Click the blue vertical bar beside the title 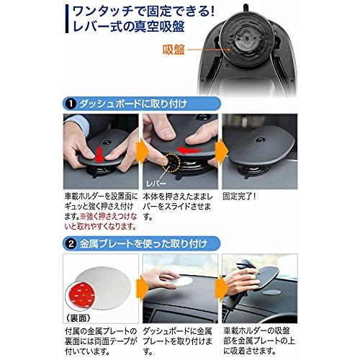(x=66, y=22)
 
